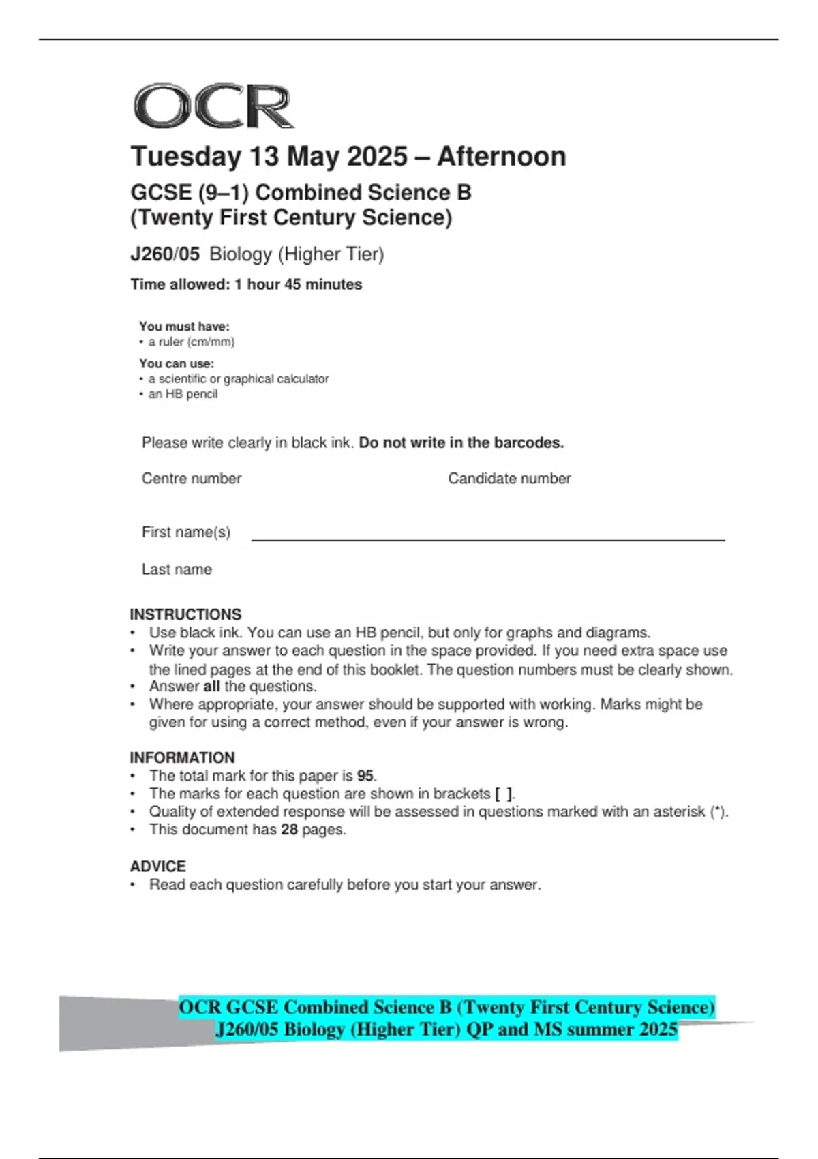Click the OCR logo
pos(213,106)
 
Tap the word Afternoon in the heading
pos(502,157)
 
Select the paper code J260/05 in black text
pos(165,254)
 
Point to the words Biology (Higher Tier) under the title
pos(297,254)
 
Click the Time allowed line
pos(246,284)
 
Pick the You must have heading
pos(184,327)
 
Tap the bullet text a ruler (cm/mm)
pos(191,342)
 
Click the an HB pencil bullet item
pos(183,394)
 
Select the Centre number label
pos(192,479)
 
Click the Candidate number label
pos(509,479)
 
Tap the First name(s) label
pos(186,532)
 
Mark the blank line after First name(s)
pos(487,539)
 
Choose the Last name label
pos(177,569)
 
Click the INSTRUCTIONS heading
pos(185,614)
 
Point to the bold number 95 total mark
pos(365,776)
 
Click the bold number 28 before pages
pos(290,830)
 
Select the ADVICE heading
pos(158,867)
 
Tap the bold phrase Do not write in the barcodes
pos(461,443)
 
